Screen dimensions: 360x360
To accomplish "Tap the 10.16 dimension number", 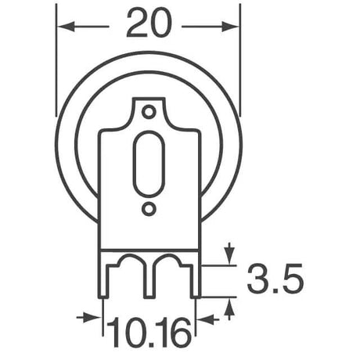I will click(149, 333).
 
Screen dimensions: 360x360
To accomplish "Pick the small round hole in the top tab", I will click(149, 112).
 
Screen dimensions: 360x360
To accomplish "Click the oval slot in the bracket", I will click(148, 167).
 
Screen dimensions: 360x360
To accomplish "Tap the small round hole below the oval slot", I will click(149, 209).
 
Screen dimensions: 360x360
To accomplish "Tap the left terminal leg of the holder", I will click(103, 282).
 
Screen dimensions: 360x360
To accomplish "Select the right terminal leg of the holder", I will click(195, 282).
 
